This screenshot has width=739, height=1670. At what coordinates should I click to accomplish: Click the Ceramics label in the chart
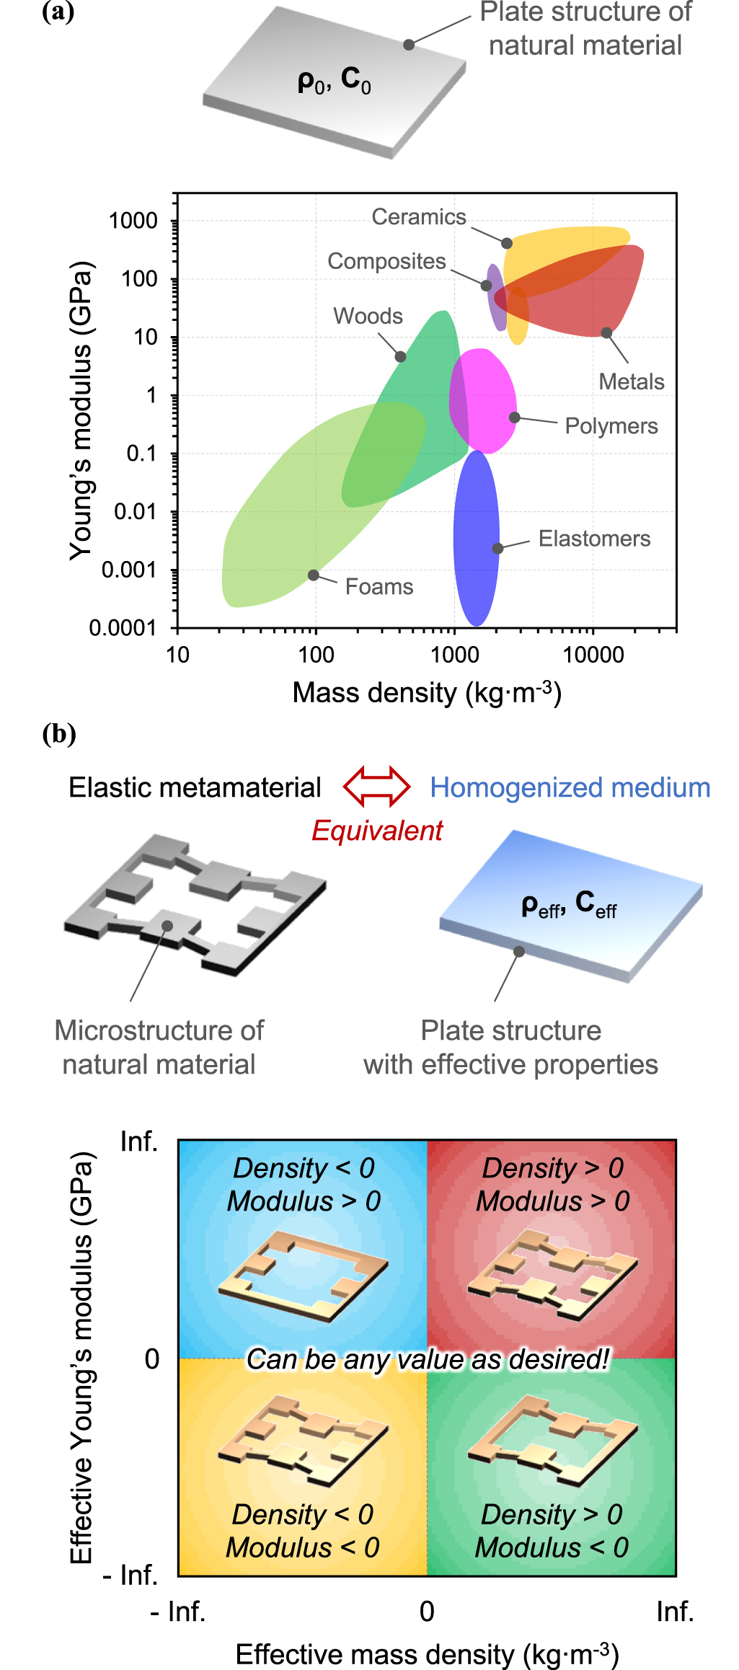(x=419, y=217)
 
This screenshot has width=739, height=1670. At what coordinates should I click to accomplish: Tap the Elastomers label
(x=594, y=539)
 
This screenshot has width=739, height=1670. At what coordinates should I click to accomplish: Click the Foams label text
(x=379, y=587)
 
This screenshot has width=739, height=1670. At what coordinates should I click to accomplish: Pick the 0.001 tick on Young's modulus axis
(x=129, y=570)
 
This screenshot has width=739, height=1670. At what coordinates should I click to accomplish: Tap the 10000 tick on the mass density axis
(x=593, y=655)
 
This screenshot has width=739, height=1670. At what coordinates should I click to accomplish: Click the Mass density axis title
(x=426, y=693)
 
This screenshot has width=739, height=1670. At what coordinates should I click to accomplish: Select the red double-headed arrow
(x=377, y=787)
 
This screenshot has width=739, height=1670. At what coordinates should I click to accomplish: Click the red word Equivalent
(x=376, y=831)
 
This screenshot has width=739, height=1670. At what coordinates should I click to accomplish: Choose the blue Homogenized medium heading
(x=570, y=787)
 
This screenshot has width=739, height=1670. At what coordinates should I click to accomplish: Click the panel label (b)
(x=59, y=734)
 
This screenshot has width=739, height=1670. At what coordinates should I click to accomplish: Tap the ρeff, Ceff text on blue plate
(x=569, y=904)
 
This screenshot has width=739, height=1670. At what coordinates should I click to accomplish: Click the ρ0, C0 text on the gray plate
(x=335, y=81)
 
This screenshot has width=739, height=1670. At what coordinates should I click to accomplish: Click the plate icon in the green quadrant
(x=552, y=1439)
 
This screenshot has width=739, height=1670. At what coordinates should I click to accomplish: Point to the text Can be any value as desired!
(x=428, y=1359)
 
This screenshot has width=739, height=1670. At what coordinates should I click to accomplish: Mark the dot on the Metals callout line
(x=606, y=332)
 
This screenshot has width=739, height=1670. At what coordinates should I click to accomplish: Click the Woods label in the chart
(x=368, y=317)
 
